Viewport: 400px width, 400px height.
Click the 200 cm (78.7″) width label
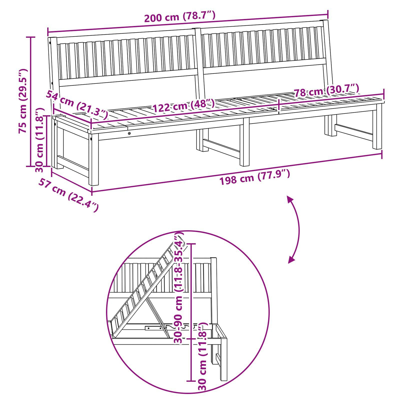[180, 17]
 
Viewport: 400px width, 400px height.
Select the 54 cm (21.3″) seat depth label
[77, 105]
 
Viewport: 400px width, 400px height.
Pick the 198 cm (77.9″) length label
[255, 177]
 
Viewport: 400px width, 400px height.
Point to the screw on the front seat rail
[129, 133]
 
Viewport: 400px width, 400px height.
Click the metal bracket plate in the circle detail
[153, 328]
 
